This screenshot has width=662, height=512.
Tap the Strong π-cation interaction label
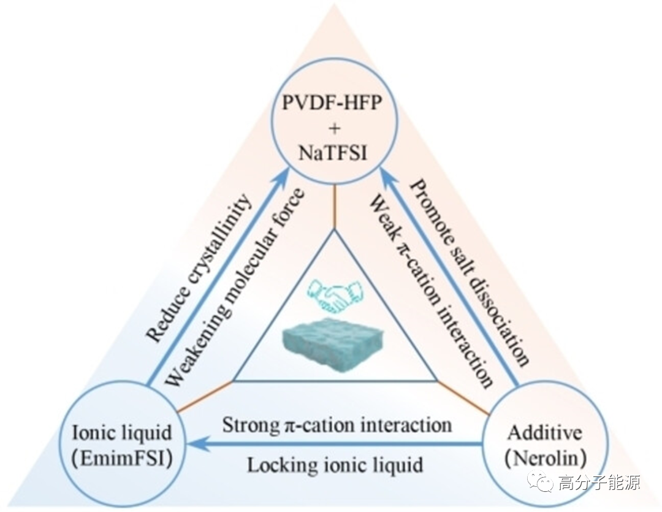coord(337,424)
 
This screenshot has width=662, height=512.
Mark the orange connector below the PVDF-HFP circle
coord(335,208)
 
